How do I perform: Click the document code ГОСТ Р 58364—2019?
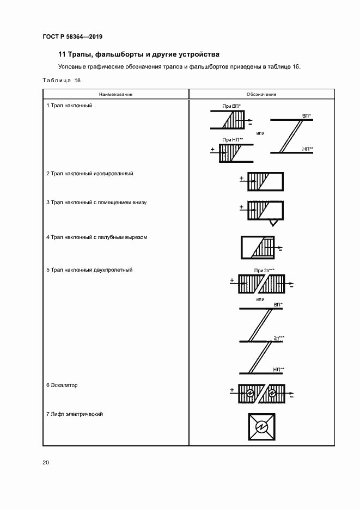72,37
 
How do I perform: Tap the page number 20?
46,463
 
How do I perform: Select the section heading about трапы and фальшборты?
138,54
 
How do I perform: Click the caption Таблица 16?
61,81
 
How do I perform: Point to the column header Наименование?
116,94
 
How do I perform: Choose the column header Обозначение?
262,94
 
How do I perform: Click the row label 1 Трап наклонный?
69,105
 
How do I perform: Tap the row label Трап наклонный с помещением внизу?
96,203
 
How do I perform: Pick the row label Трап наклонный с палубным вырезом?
96,237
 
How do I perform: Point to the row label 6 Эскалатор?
62,385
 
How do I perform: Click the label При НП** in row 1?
233,139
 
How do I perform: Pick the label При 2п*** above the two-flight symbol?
264,270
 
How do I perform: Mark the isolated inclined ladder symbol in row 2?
265,181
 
